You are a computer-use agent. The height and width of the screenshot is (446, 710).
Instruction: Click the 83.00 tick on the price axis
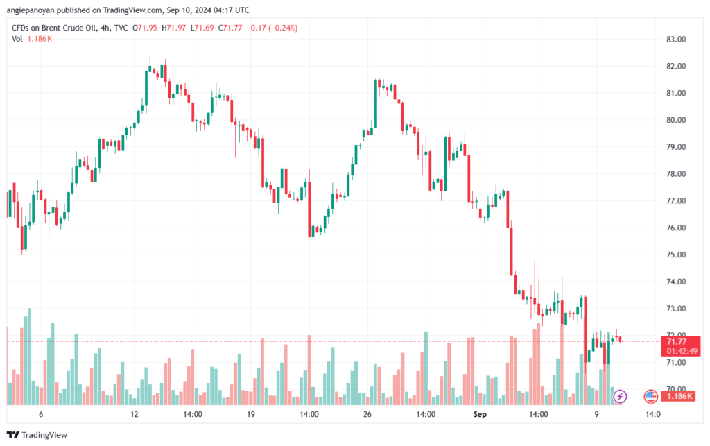[675, 39]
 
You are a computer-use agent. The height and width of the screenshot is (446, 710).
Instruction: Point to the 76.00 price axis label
[675, 228]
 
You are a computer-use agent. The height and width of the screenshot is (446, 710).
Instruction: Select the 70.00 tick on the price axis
[675, 389]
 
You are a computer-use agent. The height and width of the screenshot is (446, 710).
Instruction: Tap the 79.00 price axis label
[675, 147]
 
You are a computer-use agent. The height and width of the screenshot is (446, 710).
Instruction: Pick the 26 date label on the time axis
[367, 414]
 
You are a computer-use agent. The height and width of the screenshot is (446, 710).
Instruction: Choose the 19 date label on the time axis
[251, 414]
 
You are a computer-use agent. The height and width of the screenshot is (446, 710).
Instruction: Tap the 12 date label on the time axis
[135, 414]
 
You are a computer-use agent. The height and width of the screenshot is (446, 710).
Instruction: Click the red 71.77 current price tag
[676, 341]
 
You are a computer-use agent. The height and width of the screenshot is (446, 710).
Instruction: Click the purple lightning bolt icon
[621, 396]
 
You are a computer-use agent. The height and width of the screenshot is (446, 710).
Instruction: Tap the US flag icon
[650, 396]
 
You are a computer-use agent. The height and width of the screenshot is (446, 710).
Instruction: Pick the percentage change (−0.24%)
[280, 27]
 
